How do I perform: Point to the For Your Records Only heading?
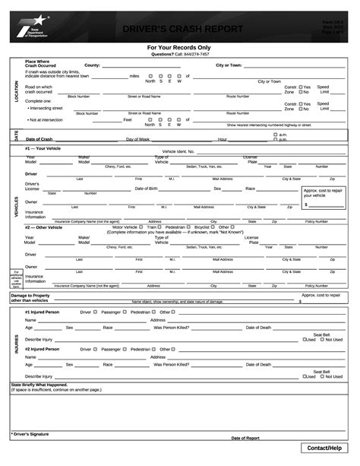(x=179, y=48)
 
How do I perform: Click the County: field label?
(x=92, y=65)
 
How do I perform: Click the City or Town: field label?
(x=229, y=65)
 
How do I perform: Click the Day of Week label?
(x=138, y=140)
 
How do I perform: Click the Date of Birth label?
(x=146, y=188)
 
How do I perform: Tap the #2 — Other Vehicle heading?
(x=47, y=227)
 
